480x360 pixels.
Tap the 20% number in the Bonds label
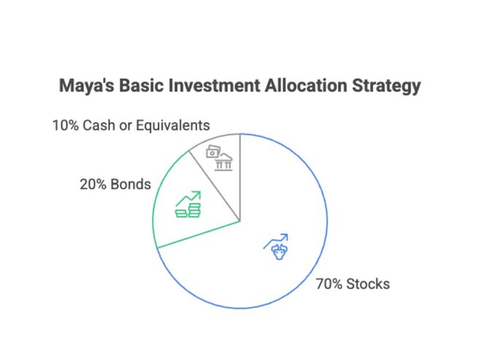(x=92, y=184)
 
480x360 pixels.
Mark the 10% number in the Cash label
(x=65, y=125)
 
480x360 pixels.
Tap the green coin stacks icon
(x=188, y=211)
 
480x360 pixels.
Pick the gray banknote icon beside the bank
(x=213, y=152)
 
